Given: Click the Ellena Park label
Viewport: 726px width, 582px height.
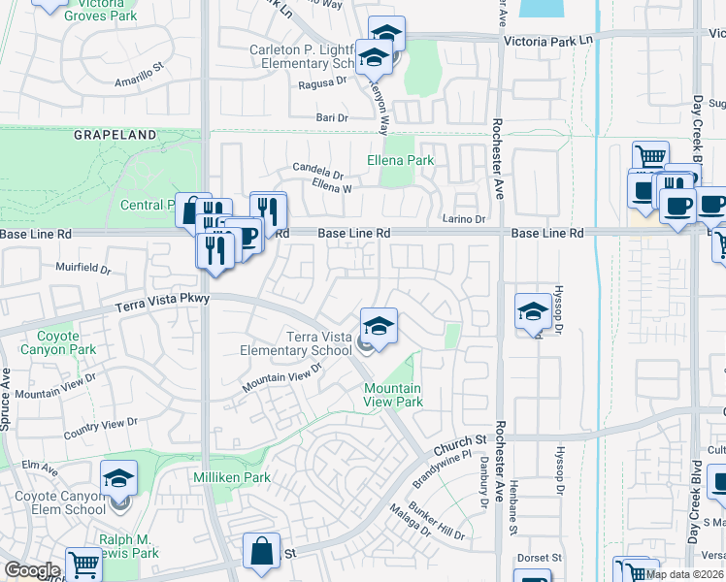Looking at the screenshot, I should [400, 159].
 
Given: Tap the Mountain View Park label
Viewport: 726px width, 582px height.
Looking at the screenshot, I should [393, 395].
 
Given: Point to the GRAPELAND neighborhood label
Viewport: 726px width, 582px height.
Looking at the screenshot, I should [115, 136].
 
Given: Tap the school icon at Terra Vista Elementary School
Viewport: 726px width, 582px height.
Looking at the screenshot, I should [379, 324].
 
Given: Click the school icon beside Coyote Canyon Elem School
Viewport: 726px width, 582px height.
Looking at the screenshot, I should [118, 477].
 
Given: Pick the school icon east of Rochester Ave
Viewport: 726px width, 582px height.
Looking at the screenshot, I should [533, 310].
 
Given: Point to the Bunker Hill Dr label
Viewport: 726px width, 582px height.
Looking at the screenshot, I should [439, 520].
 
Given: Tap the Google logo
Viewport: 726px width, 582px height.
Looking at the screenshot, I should [32, 570].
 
